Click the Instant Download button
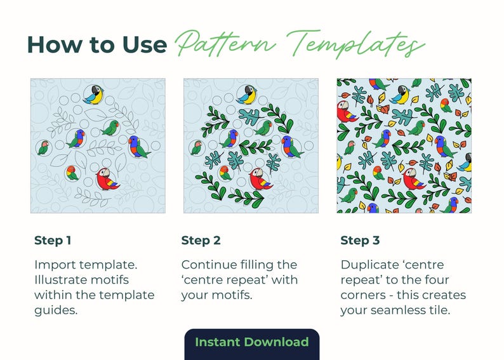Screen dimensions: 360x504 pyautogui.click(x=251, y=342)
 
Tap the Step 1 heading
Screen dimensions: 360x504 pyautogui.click(x=53, y=241)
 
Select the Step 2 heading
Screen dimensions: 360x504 pyautogui.click(x=201, y=241)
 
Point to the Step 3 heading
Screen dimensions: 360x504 pyautogui.click(x=360, y=241)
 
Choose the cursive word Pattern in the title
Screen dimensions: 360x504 pyautogui.click(x=225, y=44)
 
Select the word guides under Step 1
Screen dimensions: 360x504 pyautogui.click(x=54, y=310)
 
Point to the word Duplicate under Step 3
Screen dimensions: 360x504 pyautogui.click(x=368, y=265)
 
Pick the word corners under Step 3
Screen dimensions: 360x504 pyautogui.click(x=364, y=295)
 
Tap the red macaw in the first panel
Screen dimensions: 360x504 pyautogui.click(x=107, y=179)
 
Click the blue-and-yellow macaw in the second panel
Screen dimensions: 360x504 pyautogui.click(x=247, y=94)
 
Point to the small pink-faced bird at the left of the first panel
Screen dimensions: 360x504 pyautogui.click(x=43, y=148)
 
